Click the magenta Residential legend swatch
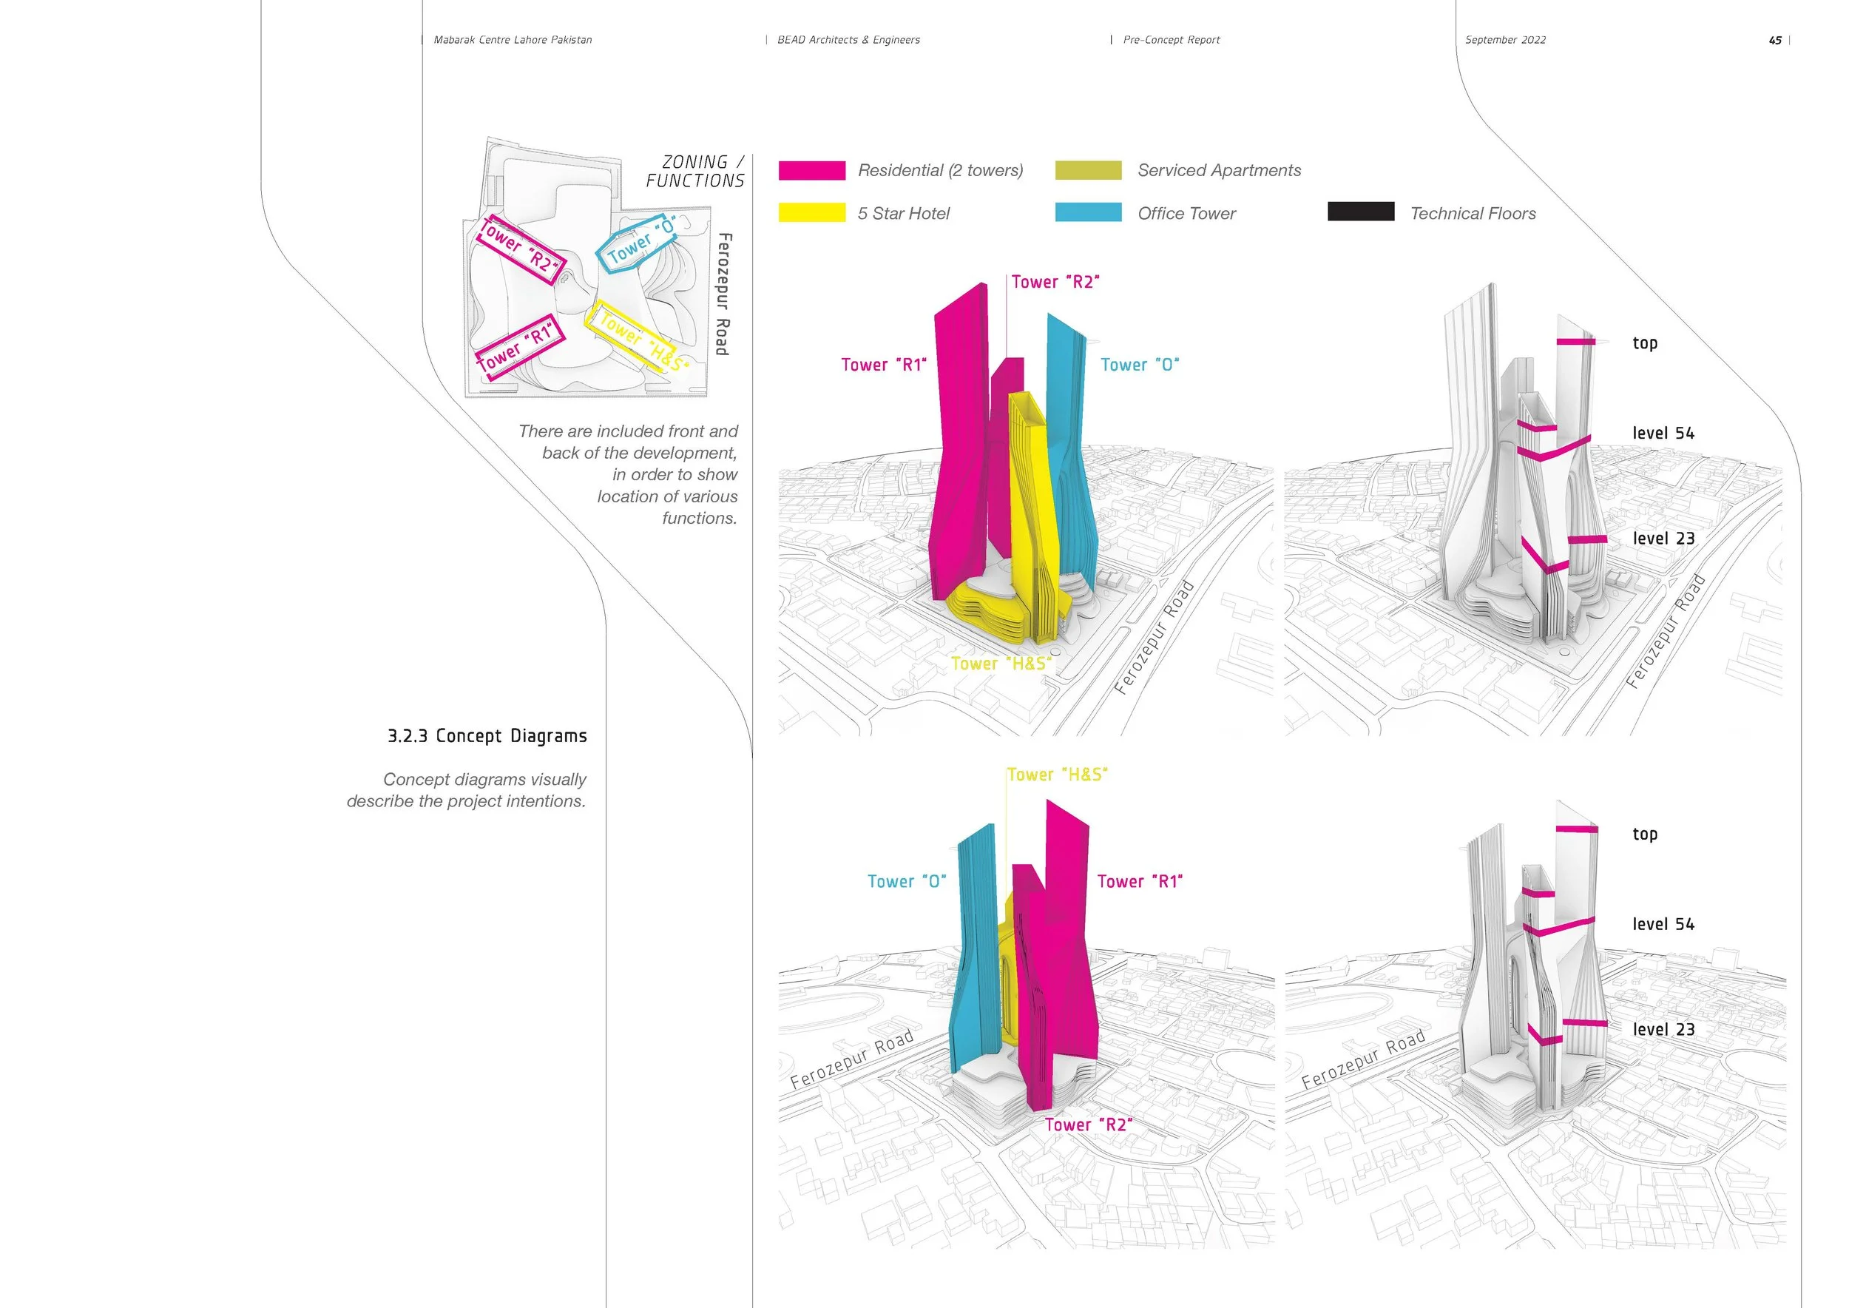(x=812, y=170)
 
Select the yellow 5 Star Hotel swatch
(x=812, y=212)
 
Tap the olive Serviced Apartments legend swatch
(x=1088, y=170)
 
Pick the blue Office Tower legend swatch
(x=1088, y=212)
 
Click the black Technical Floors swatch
(x=1361, y=212)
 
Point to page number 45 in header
(x=1775, y=40)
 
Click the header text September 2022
(x=1505, y=40)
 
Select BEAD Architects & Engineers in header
(x=848, y=40)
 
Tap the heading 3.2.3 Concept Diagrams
(x=487, y=736)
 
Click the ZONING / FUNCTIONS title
(x=695, y=172)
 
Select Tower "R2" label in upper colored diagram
(x=1055, y=282)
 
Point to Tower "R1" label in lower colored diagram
(x=1140, y=882)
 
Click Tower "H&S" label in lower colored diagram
(x=1058, y=775)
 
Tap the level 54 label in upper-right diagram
(x=1663, y=434)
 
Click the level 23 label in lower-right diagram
(x=1663, y=1029)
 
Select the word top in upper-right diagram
(x=1644, y=343)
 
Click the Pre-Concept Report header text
(x=1171, y=40)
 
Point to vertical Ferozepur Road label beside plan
(x=723, y=294)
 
